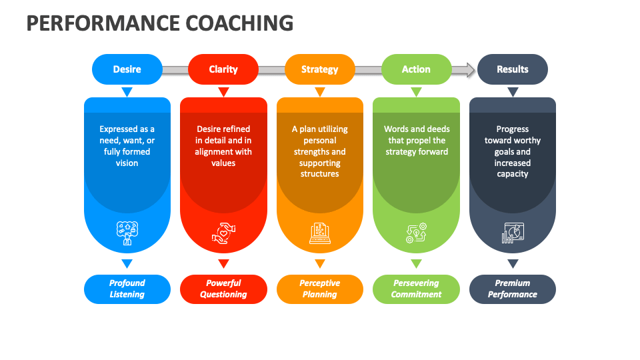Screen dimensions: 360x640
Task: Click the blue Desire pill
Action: pos(127,69)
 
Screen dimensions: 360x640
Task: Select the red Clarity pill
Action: pos(223,69)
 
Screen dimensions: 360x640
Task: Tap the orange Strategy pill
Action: pos(319,69)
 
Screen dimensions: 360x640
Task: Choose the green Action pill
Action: pos(416,69)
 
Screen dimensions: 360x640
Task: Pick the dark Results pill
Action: pos(512,69)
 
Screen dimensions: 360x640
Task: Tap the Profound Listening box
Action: pos(127,289)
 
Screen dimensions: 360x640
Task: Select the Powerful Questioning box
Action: pos(223,289)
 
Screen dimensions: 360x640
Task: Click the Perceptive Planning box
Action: pos(319,289)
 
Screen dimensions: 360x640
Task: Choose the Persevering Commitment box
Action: pos(416,289)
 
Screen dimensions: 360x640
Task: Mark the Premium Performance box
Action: pos(512,289)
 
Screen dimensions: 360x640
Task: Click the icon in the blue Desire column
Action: pos(127,233)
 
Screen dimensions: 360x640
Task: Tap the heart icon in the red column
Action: pos(223,233)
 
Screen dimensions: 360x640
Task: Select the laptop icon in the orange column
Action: pos(319,233)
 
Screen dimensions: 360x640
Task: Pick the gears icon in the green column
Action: pos(416,233)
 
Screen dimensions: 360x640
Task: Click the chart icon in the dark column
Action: pos(512,233)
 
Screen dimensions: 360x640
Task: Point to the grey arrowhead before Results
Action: pos(471,69)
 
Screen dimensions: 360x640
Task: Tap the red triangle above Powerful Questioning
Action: pos(223,263)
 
